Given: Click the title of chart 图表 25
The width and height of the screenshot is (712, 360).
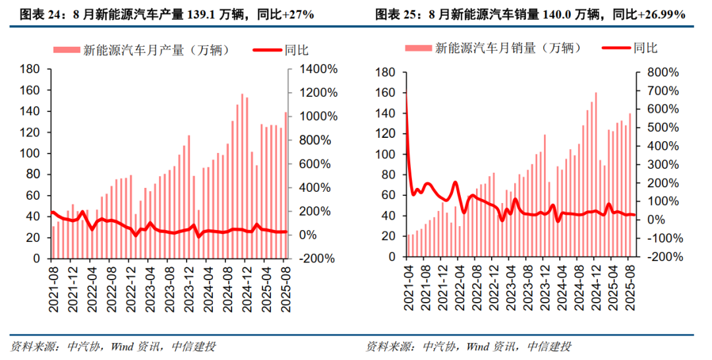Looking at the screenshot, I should pyautogui.click(x=530, y=14).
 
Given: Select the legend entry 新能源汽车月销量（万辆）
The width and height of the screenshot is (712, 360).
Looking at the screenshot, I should pyautogui.click(x=494, y=47).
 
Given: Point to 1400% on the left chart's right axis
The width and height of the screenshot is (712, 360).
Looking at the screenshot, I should pyautogui.click(x=318, y=69).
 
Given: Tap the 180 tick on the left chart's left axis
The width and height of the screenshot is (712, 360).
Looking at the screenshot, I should pyautogui.click(x=31, y=69).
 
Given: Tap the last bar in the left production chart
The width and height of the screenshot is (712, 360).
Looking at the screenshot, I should pyautogui.click(x=285, y=185).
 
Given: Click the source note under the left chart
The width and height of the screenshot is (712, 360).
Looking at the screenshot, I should pyautogui.click(x=113, y=347).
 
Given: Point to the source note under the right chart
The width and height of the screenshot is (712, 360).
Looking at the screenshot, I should pyautogui.click(x=469, y=347).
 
